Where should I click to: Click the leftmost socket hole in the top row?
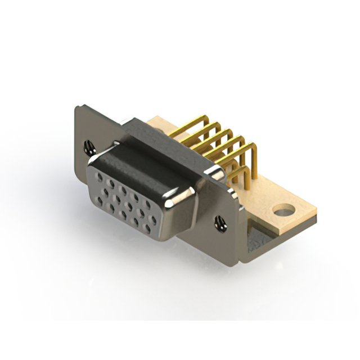[x=100, y=177]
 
